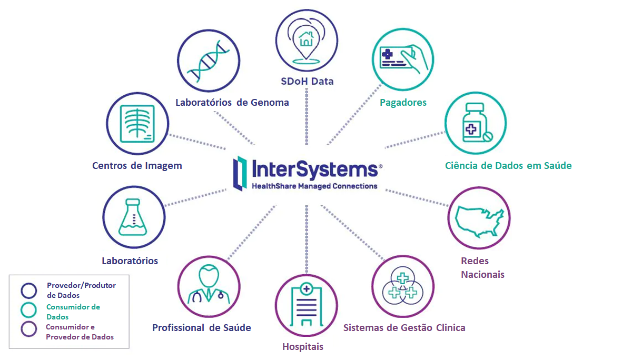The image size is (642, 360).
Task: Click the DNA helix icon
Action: (209, 61)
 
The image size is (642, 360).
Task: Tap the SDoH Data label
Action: (306, 81)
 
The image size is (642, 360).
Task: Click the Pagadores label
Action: (403, 102)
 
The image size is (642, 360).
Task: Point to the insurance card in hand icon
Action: (403, 58)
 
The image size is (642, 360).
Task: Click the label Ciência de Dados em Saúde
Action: (508, 165)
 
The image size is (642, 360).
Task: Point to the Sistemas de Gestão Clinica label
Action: (404, 327)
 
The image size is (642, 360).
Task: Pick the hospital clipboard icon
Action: (306, 305)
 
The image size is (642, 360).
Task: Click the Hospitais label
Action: (303, 346)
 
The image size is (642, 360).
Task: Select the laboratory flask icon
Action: (134, 217)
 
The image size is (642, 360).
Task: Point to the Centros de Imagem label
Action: (137, 165)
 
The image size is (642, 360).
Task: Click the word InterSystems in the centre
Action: (314, 169)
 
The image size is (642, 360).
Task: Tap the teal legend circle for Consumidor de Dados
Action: (28, 310)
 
